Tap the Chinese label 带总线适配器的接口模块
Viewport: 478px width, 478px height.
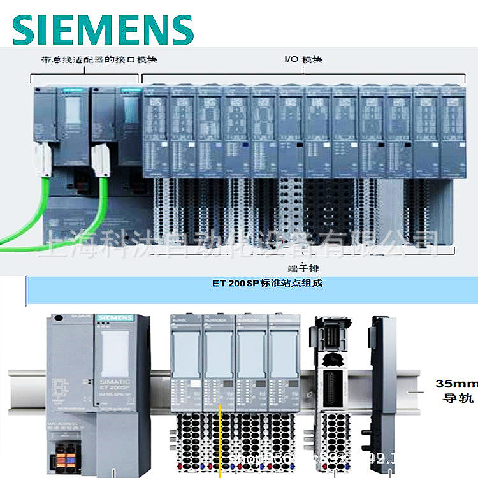tap(95, 61)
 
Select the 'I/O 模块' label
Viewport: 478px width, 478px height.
tap(303, 60)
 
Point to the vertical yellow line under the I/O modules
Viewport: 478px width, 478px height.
tap(220, 440)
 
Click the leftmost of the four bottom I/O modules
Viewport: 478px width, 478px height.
tap(186, 363)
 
